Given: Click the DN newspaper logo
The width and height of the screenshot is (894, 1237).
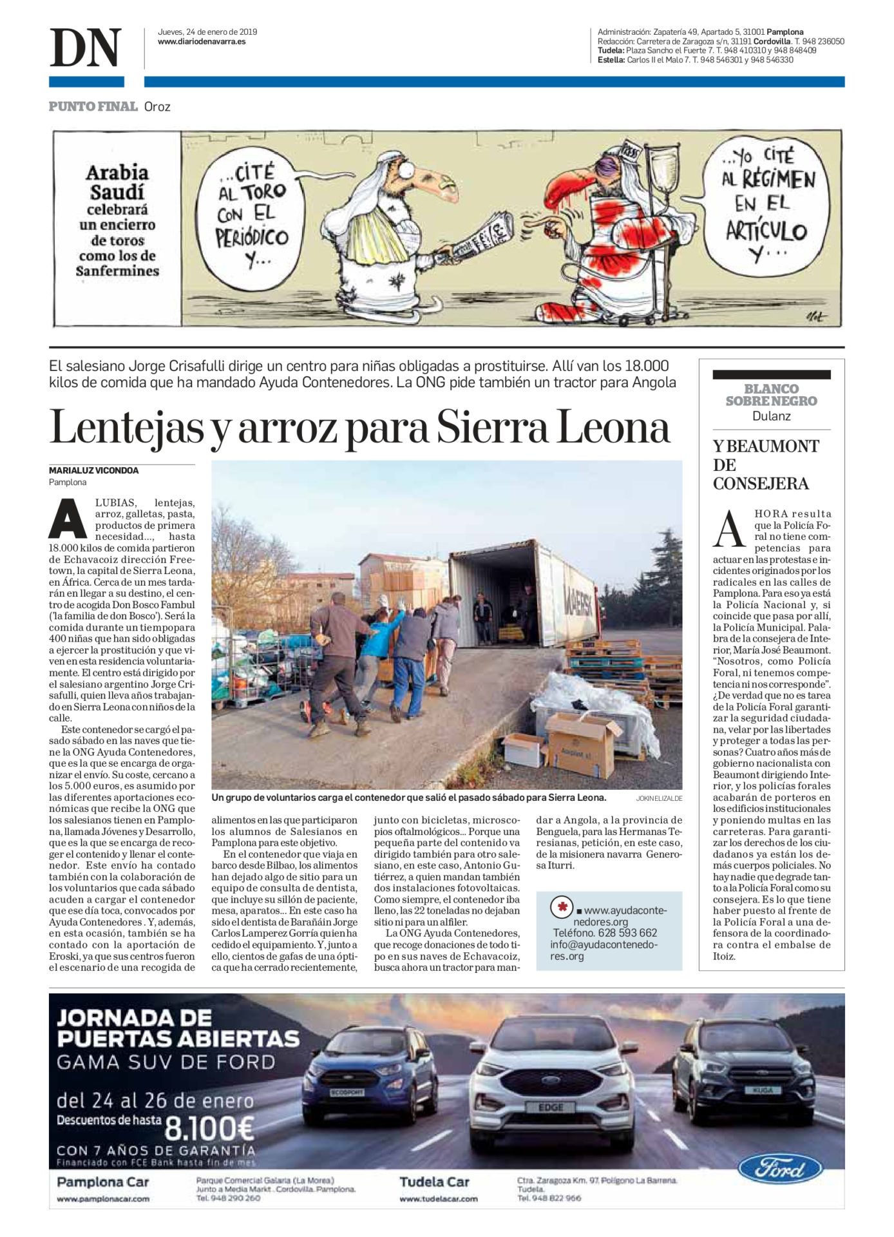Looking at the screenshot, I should [x=86, y=48].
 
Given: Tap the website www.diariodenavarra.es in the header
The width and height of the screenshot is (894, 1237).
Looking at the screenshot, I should [x=202, y=42].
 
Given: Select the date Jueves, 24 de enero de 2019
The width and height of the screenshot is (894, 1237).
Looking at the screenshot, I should [x=207, y=32].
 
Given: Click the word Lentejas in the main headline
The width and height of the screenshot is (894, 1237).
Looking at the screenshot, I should [x=127, y=428].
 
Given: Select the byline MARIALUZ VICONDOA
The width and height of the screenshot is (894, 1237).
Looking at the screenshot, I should [x=94, y=470].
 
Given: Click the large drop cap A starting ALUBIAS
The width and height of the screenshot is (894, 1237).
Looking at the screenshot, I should [x=68, y=518].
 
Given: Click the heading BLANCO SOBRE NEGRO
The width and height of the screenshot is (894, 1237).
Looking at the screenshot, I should [x=771, y=395].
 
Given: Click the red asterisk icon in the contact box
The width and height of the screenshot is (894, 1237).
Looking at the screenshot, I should [x=562, y=908].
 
